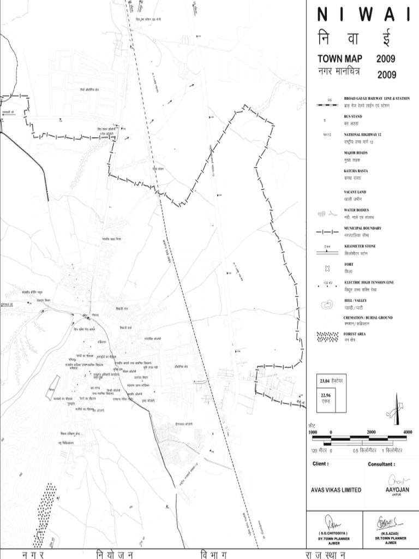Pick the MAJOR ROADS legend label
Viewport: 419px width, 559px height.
click(356, 153)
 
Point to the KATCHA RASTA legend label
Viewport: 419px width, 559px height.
click(356, 171)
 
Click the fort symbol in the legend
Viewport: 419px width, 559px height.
click(327, 268)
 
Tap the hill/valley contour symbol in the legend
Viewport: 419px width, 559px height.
click(328, 304)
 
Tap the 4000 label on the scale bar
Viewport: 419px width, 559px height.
click(407, 432)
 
